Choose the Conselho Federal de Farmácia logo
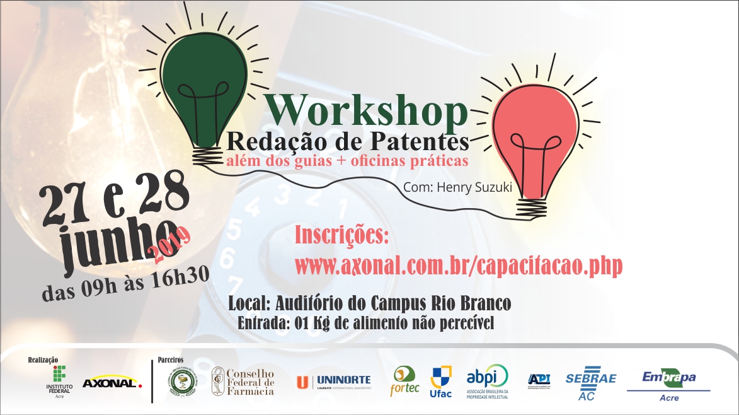coord(243,382)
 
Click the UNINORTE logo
coord(334,381)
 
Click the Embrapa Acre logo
coord(669,384)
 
